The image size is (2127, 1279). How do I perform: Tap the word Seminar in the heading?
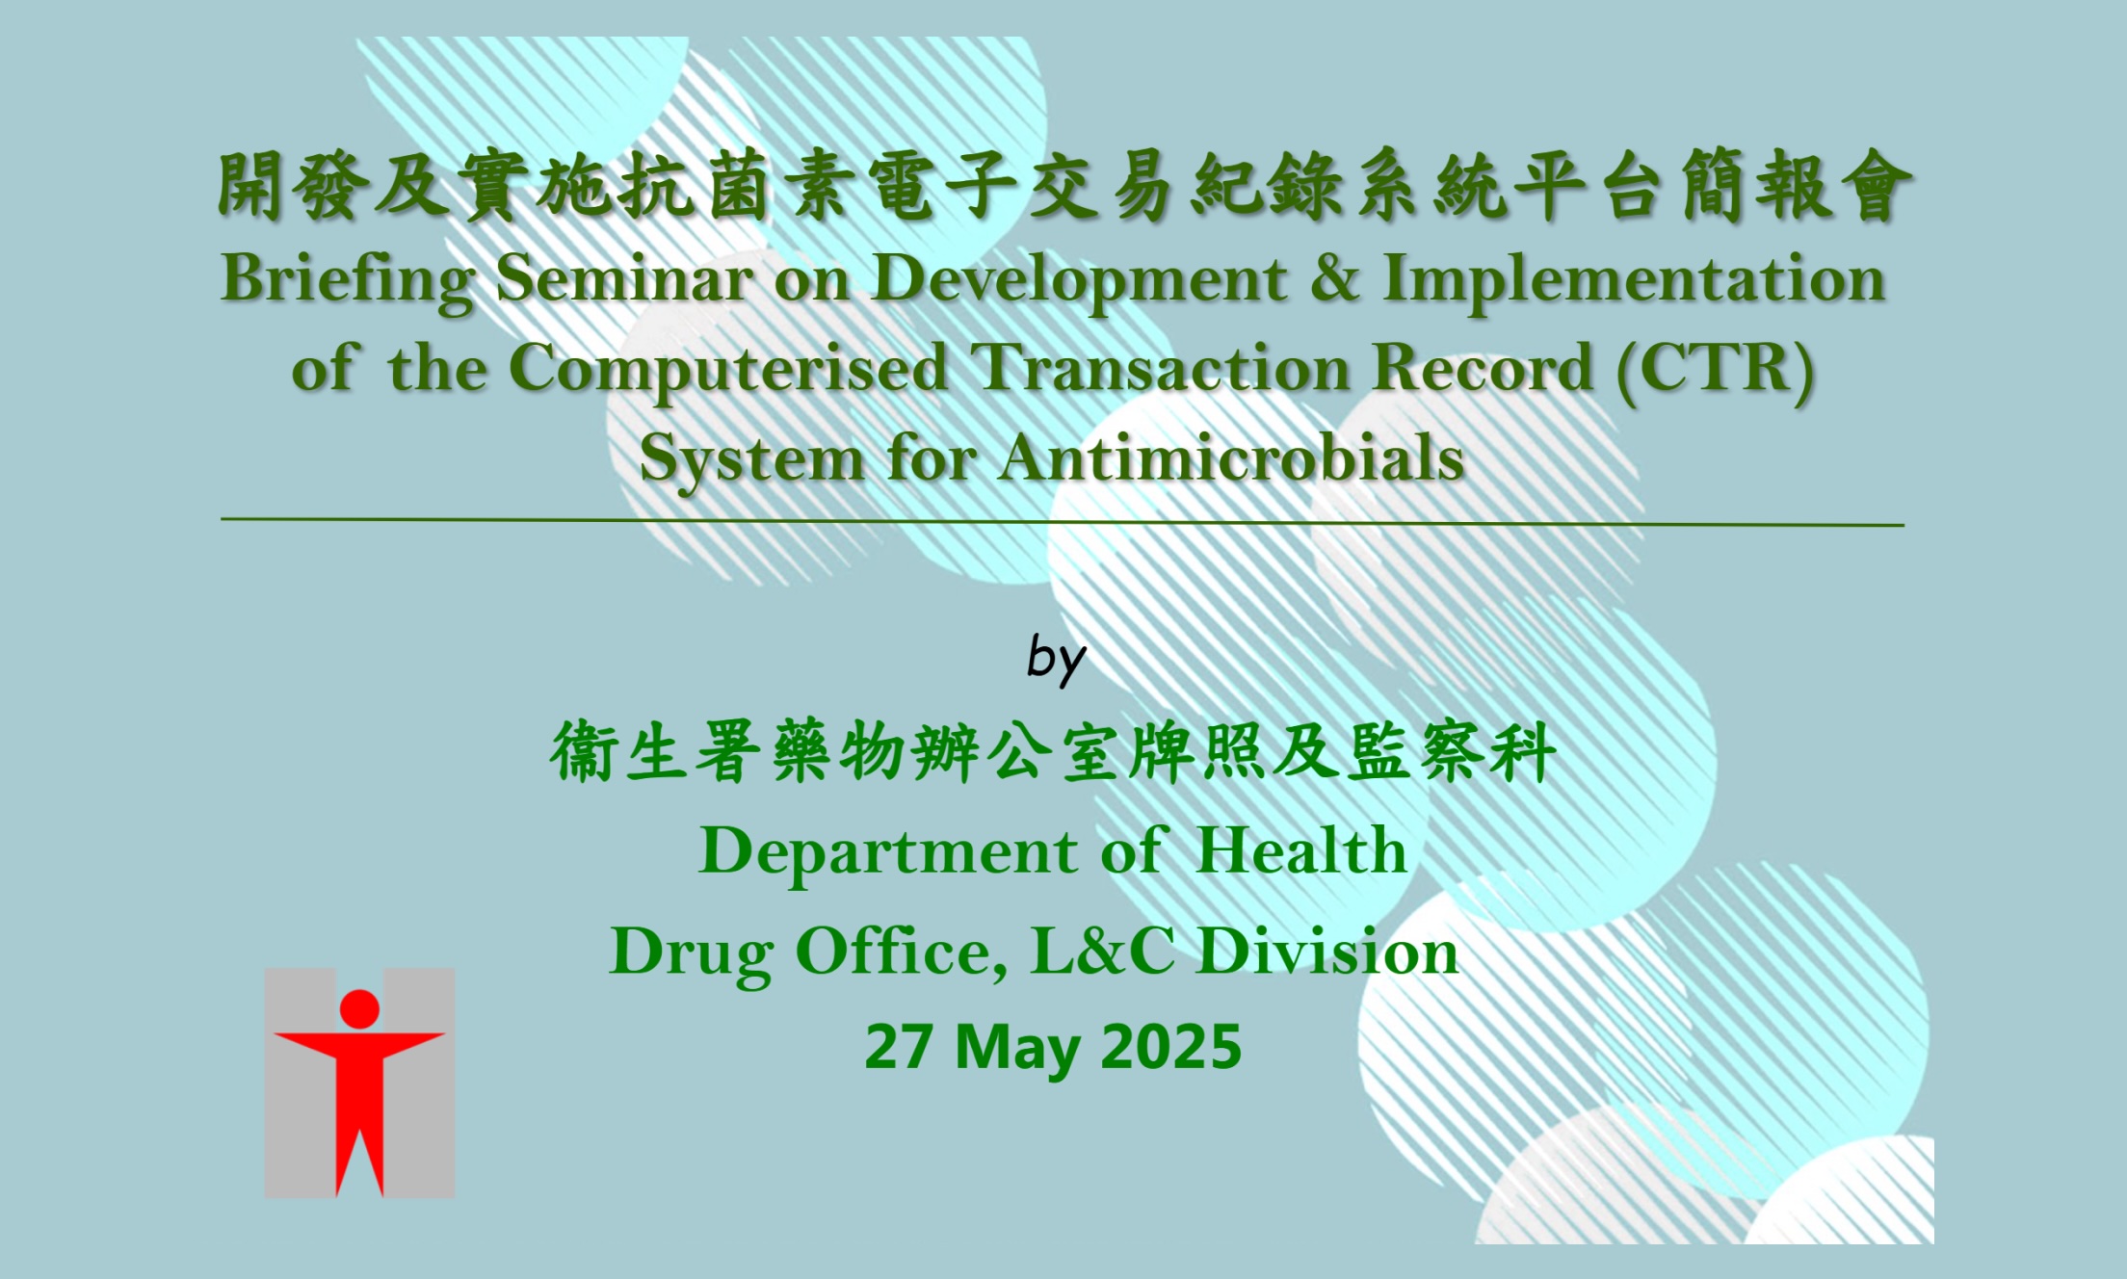(624, 279)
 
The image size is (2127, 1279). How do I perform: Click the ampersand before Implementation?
(1334, 279)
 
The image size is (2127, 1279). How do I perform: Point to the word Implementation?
(1634, 279)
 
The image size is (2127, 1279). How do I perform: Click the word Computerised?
(727, 370)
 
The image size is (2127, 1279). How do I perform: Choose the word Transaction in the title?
(1160, 368)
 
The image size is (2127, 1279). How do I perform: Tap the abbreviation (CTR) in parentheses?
(1716, 368)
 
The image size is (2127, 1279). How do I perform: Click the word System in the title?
(751, 459)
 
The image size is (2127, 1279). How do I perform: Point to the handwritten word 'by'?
(1056, 660)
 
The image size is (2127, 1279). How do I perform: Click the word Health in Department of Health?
(1300, 851)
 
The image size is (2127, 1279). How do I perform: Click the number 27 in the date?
(898, 1047)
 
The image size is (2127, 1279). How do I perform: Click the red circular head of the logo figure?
(359, 1008)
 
